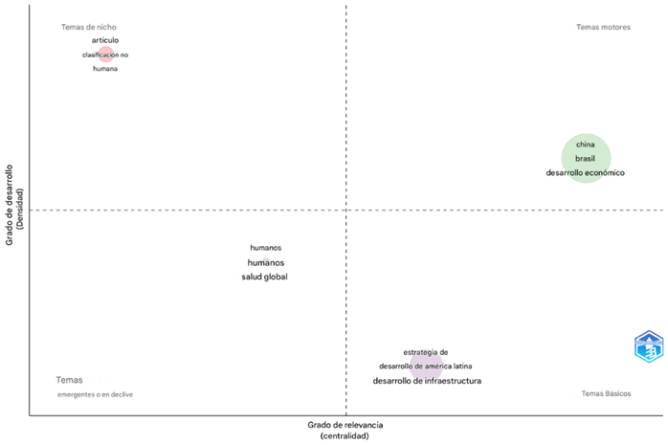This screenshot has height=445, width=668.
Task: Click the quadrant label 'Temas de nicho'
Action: pos(88,27)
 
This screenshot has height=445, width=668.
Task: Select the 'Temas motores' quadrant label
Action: pos(603,27)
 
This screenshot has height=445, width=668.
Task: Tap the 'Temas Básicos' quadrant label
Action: pos(606,393)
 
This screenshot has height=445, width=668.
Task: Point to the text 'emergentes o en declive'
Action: pos(95,394)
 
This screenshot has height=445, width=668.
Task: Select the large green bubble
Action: pos(586,158)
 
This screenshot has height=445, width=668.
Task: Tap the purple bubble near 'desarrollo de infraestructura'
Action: pos(426,366)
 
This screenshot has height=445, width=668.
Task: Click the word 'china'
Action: pos(585,145)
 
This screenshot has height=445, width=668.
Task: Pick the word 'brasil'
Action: pos(585,158)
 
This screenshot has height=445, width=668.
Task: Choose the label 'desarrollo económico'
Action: pos(585,172)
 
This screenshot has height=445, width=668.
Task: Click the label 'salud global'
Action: pos(264,277)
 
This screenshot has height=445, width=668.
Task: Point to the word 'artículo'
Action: pos(105,40)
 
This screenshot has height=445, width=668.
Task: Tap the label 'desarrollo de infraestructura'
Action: pos(427,381)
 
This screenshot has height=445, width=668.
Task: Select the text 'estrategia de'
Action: pos(426,352)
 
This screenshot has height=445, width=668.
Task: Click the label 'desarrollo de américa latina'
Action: pos(425,367)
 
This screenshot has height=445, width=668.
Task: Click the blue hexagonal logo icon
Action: pos(650,346)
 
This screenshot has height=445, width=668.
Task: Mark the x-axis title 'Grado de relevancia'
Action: pos(345,424)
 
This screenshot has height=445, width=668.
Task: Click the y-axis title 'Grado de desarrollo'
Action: pos(10,205)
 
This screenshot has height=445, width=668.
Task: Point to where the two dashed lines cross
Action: pos(345,210)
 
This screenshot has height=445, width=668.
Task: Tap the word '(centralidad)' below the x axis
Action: pos(345,435)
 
